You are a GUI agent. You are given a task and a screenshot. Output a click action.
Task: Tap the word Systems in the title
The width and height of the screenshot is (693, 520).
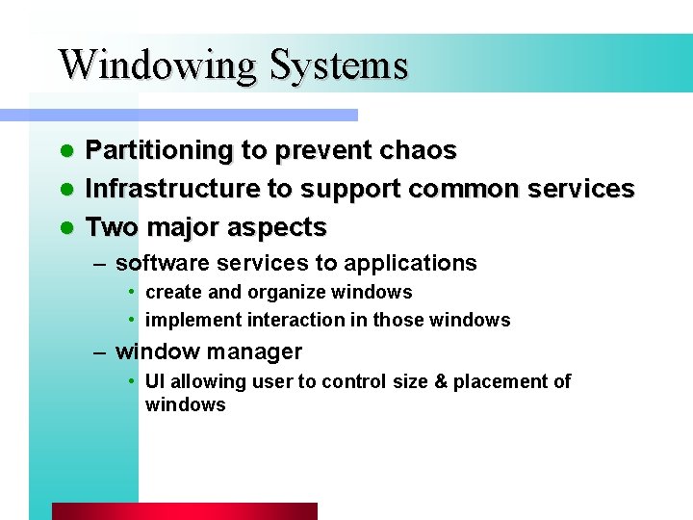pyautogui.click(x=339, y=65)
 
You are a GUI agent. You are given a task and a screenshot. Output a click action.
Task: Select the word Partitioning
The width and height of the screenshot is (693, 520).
pyautogui.click(x=160, y=151)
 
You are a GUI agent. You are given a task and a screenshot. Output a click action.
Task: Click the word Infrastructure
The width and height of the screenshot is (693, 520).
pyautogui.click(x=173, y=189)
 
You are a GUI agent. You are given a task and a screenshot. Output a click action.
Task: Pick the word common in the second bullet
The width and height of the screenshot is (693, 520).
pyautogui.click(x=476, y=189)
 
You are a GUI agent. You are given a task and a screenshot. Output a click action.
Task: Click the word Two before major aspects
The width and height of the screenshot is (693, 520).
pyautogui.click(x=111, y=227)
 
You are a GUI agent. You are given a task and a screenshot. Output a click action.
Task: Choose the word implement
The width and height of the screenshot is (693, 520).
pyautogui.click(x=193, y=320)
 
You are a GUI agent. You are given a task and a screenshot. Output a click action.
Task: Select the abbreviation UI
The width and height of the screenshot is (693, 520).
pyautogui.click(x=154, y=381)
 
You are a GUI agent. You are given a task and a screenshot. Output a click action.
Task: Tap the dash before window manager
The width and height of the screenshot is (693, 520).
pyautogui.click(x=100, y=352)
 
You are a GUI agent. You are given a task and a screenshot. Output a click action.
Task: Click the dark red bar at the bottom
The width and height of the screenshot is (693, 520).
pyautogui.click(x=184, y=510)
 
